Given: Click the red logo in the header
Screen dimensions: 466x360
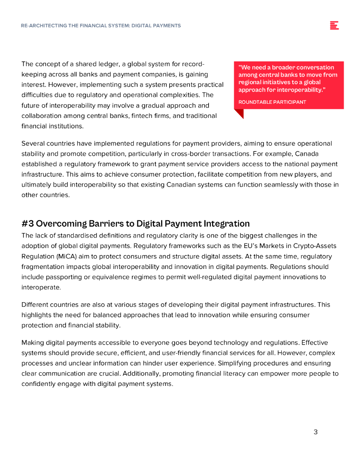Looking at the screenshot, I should (x=334, y=25).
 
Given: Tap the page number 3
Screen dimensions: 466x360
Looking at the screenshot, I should (x=315, y=432).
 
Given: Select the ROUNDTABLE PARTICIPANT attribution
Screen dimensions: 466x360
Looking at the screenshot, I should (x=272, y=102).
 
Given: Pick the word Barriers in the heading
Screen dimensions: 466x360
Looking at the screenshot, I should (x=108, y=223).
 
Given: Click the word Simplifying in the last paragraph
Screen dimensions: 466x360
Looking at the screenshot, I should (x=240, y=363).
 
